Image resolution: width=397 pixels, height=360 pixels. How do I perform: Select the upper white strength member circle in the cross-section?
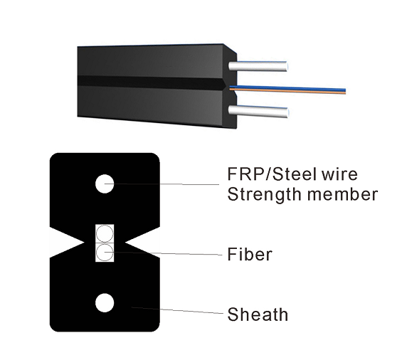tap(105, 184)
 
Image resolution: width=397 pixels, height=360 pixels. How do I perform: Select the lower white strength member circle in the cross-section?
tap(105, 302)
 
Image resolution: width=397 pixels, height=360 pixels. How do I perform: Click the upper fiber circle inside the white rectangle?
tap(105, 233)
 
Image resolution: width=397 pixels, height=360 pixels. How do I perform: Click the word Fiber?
tap(249, 254)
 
